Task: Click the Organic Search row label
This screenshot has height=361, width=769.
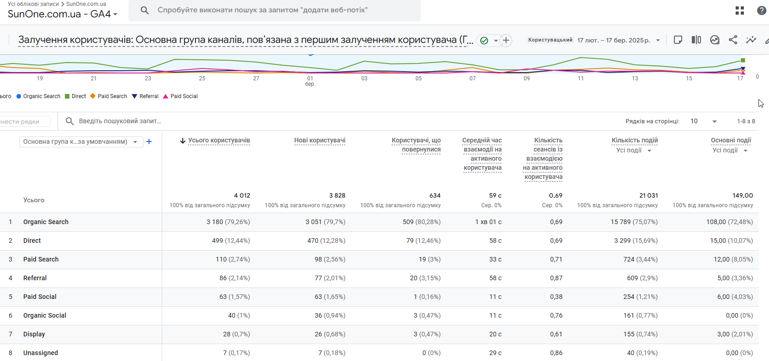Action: pos(46,222)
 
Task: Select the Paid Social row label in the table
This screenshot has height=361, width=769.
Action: pos(40,297)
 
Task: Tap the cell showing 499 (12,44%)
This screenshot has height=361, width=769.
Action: pos(231,241)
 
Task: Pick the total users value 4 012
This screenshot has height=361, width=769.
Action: pos(242,195)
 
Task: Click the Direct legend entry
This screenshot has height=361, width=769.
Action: pos(75,96)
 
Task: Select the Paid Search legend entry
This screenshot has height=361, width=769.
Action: pos(109,96)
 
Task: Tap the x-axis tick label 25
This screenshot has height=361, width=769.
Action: pos(202,78)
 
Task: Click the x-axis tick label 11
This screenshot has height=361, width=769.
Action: pos(581,78)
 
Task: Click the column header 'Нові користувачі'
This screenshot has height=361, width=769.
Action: pos(319,141)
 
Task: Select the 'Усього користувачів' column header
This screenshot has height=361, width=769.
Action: pos(219,141)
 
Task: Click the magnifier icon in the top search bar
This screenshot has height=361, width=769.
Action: pos(144,10)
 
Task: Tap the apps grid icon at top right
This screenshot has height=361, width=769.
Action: pos(740,10)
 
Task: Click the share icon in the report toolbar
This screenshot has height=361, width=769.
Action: pos(733,40)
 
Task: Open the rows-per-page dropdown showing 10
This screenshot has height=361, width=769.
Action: pos(704,121)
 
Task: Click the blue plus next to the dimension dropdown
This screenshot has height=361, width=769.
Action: pos(149,141)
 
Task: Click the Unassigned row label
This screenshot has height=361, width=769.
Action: pos(40,353)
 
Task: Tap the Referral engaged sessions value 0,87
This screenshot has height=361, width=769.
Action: pos(556,278)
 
